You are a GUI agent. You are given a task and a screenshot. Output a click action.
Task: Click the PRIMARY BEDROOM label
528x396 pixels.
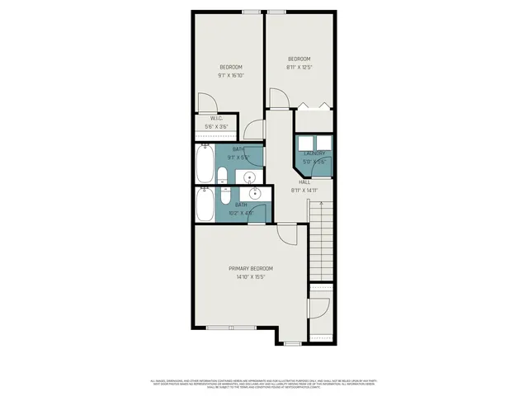(x=250, y=268)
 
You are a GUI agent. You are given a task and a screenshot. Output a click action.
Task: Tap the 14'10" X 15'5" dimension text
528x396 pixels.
(x=250, y=277)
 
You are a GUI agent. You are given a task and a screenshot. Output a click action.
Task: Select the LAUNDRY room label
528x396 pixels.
(x=314, y=153)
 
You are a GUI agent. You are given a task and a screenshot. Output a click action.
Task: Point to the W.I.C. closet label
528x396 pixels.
(x=216, y=118)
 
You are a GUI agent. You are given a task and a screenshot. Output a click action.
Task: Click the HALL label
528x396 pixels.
(x=304, y=181)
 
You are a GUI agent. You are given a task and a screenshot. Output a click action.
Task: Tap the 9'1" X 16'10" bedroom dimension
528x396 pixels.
(x=231, y=75)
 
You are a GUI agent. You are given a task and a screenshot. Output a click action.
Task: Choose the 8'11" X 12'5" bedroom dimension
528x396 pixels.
(x=299, y=67)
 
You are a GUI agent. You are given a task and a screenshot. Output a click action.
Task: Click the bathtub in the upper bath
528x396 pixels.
(x=205, y=163)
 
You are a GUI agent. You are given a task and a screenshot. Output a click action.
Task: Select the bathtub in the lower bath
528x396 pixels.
(x=205, y=203)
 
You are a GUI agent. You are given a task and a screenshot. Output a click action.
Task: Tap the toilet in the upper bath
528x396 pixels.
(x=223, y=174)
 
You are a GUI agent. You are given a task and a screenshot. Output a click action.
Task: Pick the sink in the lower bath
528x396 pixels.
(x=256, y=194)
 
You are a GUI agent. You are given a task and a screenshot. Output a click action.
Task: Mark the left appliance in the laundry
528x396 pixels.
(x=306, y=143)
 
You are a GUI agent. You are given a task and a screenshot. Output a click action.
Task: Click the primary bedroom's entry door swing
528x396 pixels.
(x=286, y=234)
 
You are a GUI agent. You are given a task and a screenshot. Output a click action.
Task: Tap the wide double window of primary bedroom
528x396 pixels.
(x=231, y=328)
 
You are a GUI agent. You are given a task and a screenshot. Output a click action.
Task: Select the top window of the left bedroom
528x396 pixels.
(x=252, y=11)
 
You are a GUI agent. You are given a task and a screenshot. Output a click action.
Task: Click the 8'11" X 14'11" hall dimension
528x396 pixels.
(x=304, y=190)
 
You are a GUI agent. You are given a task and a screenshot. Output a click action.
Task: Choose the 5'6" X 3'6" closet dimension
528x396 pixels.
(x=216, y=126)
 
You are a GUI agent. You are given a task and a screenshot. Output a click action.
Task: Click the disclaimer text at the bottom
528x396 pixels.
(x=264, y=383)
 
